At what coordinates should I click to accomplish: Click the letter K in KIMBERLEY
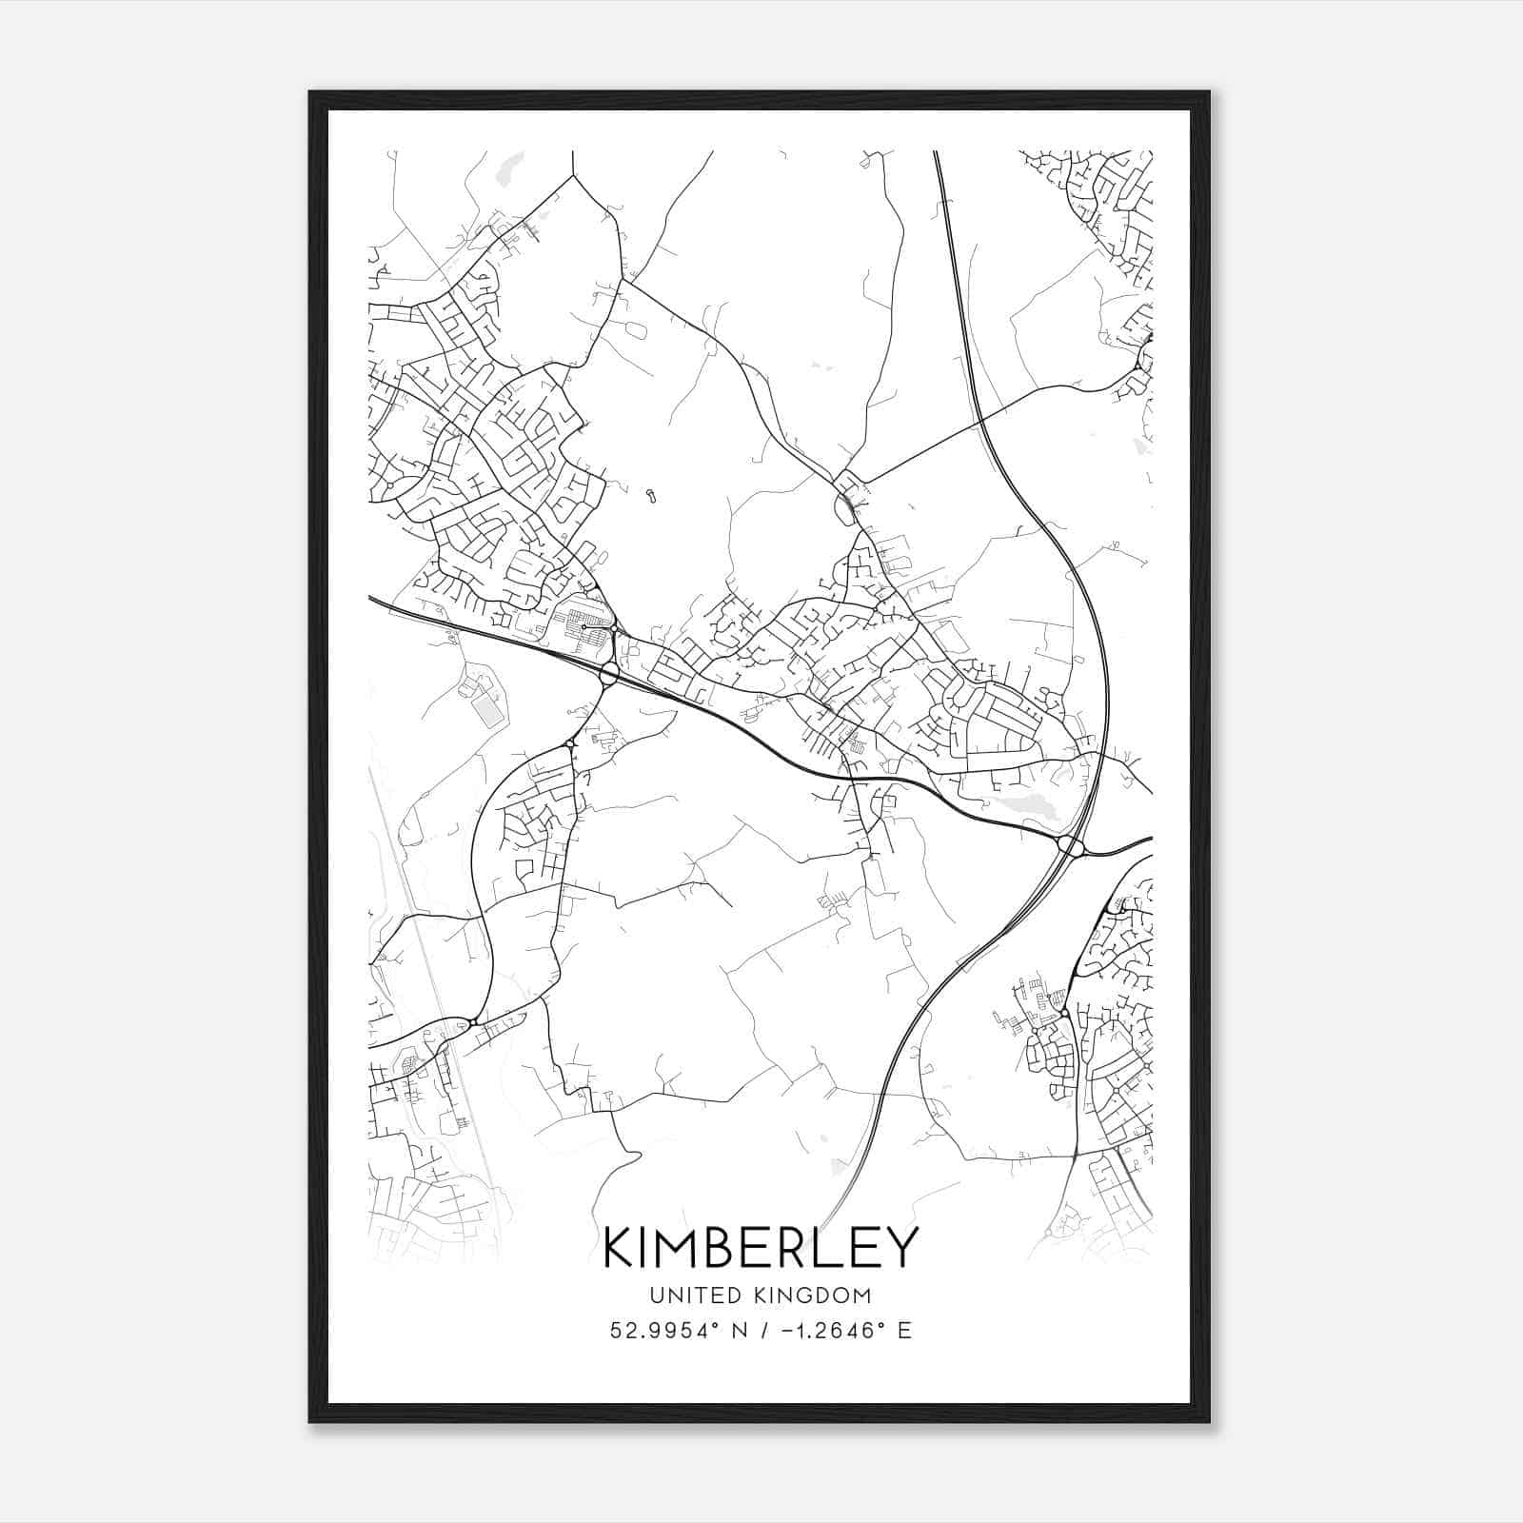click(620, 1248)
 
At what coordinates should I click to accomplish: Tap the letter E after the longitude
click(904, 1330)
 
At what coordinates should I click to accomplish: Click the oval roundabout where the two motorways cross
click(1071, 845)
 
